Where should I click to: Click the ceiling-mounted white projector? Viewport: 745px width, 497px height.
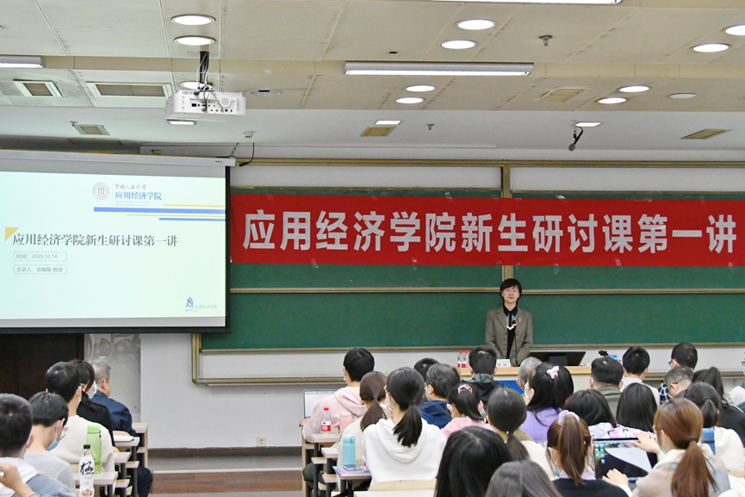(205, 104)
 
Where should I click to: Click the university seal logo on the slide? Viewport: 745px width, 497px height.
(101, 190)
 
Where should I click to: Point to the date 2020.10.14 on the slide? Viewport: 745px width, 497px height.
(40, 257)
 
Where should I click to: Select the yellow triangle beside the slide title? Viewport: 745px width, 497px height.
(10, 233)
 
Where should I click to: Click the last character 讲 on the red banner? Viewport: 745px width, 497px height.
(721, 233)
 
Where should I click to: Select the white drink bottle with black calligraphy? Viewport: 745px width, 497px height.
(86, 472)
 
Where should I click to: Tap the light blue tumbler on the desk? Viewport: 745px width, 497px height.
(349, 451)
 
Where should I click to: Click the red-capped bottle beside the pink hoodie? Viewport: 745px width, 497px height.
(326, 420)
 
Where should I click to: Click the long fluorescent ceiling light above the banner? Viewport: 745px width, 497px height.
(438, 68)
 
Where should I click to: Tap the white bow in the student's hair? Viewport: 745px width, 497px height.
(553, 373)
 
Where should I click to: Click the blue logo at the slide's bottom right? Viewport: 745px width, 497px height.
(189, 303)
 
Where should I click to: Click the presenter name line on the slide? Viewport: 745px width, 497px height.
(40, 270)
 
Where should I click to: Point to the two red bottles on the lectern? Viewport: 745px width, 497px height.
(463, 358)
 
